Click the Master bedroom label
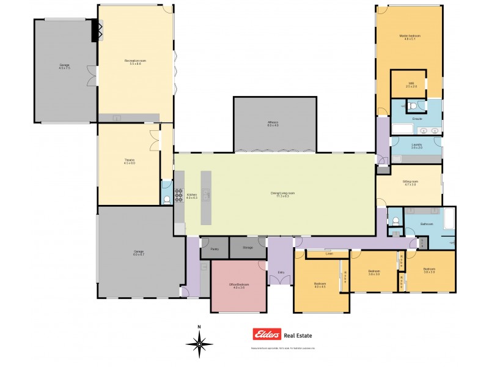tap(410, 37)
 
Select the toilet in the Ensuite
tap(411, 106)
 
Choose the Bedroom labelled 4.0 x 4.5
tap(320, 284)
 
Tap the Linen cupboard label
tap(329, 253)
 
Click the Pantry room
tap(215, 248)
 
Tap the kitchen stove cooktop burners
tap(179, 195)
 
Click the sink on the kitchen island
tap(207, 196)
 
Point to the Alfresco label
tap(273, 125)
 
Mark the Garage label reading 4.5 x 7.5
tap(64, 66)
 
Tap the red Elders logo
tap(267, 335)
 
